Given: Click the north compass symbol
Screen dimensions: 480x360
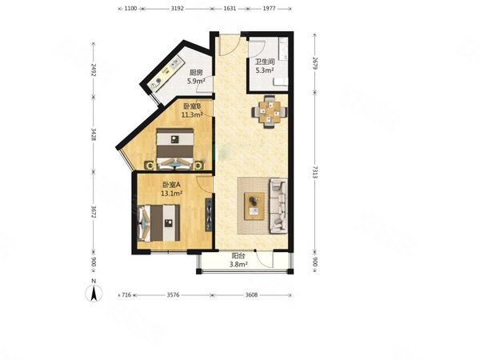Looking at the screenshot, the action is pos(94,293).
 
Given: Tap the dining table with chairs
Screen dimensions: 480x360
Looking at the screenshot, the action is pos(270,112).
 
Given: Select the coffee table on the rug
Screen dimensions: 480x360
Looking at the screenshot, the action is pos(254,206).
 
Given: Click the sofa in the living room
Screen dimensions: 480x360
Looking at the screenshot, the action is pos(278,206).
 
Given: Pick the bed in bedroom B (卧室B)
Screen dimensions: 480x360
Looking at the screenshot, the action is pos(174,149).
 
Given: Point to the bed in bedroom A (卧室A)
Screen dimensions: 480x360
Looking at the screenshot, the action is pos(159,223).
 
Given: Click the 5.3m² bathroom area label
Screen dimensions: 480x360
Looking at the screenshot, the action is pos(265,70).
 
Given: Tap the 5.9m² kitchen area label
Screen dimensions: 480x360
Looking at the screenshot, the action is pos(196,81).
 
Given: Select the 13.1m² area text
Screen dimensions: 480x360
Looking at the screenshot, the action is pos(172,193).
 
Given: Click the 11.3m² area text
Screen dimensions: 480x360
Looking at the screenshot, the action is pos(192,114).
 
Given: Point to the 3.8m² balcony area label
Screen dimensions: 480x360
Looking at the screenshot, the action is pos(238,264).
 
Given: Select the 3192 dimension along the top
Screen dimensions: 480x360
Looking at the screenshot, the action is pos(178,9).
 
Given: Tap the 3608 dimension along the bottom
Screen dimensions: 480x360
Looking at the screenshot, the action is pos(252,294).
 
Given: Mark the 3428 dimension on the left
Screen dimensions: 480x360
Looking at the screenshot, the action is pos(94,134).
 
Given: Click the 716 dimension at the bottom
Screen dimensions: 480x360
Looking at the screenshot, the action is pos(126,294).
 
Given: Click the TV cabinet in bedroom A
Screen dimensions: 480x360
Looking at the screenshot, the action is pos(209,214).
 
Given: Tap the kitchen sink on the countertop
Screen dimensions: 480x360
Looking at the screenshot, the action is pos(176,64).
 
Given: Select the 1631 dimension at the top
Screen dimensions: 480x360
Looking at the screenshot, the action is pos(230,9).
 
